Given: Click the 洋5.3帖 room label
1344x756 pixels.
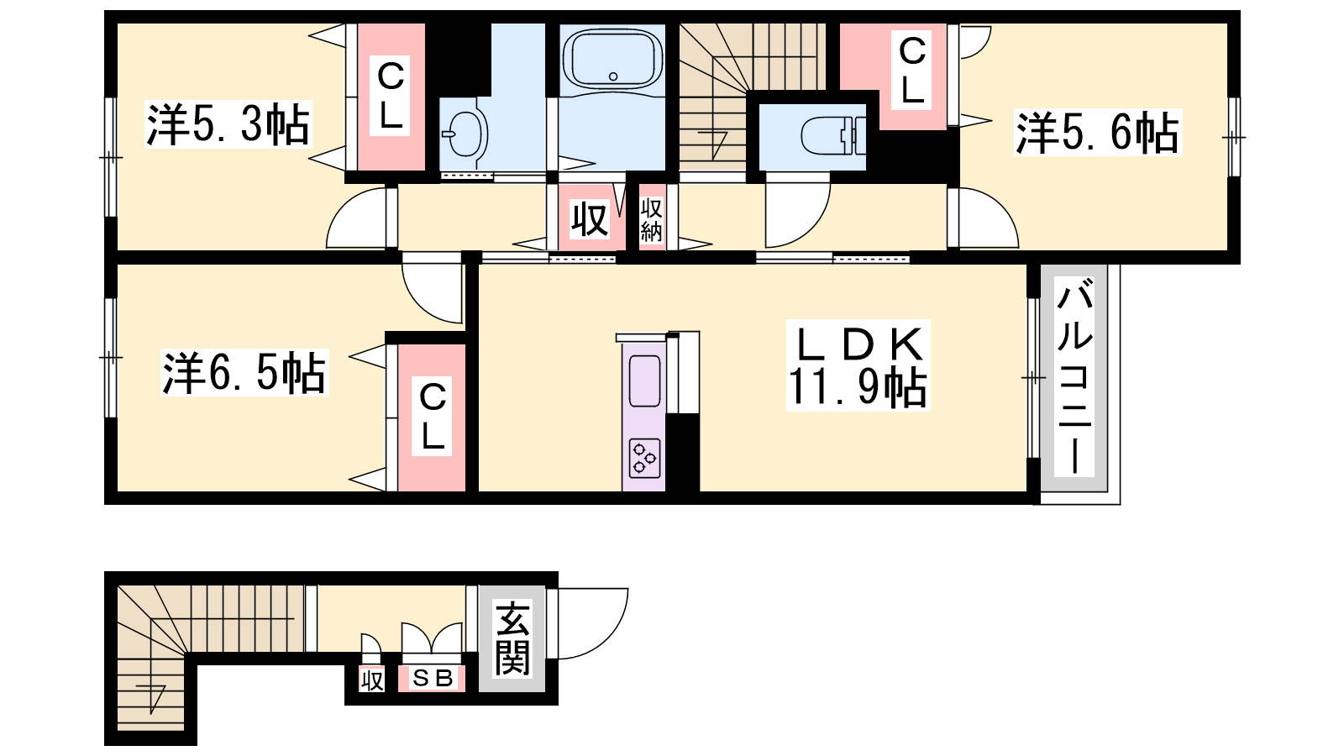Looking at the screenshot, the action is click(x=228, y=124).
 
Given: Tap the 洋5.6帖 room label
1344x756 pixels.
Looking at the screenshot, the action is click(x=1097, y=132).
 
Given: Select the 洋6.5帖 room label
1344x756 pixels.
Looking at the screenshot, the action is click(x=244, y=372).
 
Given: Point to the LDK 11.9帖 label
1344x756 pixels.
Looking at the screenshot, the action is click(x=858, y=365).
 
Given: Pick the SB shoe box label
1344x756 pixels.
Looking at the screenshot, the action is click(x=432, y=678).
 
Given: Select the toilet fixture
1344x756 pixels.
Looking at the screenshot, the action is click(x=832, y=136).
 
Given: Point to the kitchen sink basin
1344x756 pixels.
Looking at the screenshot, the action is click(x=644, y=381).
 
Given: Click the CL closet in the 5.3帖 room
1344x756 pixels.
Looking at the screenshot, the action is click(x=391, y=97).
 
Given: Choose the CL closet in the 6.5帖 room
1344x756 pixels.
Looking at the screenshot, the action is click(x=432, y=417).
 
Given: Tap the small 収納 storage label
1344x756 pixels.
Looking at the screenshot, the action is click(x=651, y=220).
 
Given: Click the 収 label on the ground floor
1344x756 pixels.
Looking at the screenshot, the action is click(x=371, y=680).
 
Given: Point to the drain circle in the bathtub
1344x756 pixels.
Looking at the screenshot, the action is click(x=612, y=76).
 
